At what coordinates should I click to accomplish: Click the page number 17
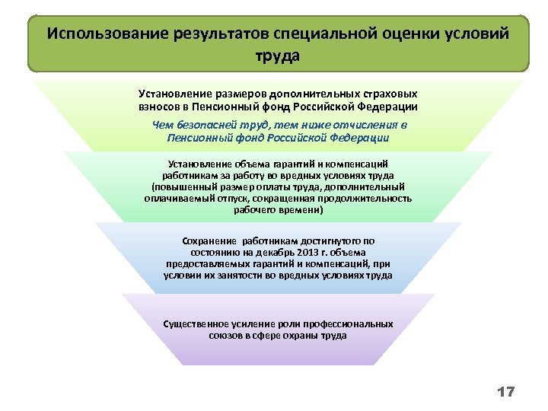pyautogui.click(x=506, y=392)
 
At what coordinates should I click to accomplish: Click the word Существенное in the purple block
pyautogui.click(x=196, y=323)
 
